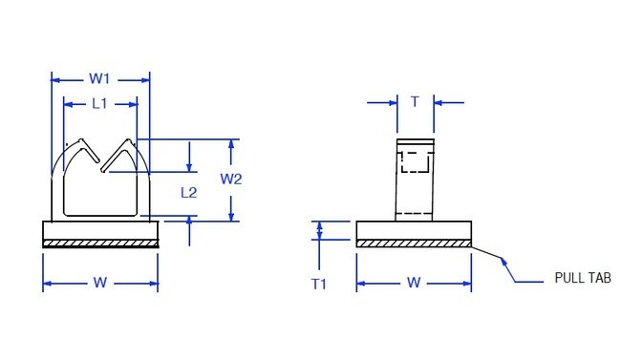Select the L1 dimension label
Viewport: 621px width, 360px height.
[x=99, y=103]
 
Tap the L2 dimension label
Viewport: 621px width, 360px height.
[x=189, y=192]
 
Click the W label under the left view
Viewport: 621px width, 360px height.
[x=99, y=283]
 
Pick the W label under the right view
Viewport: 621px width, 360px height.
[x=414, y=283]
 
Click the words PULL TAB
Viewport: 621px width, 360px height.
[x=582, y=278]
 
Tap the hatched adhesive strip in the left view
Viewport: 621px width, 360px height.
[x=100, y=244]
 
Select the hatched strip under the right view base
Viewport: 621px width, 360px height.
[x=414, y=244]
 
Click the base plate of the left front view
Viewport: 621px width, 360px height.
[x=100, y=230]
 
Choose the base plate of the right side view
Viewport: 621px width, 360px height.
[x=414, y=230]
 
